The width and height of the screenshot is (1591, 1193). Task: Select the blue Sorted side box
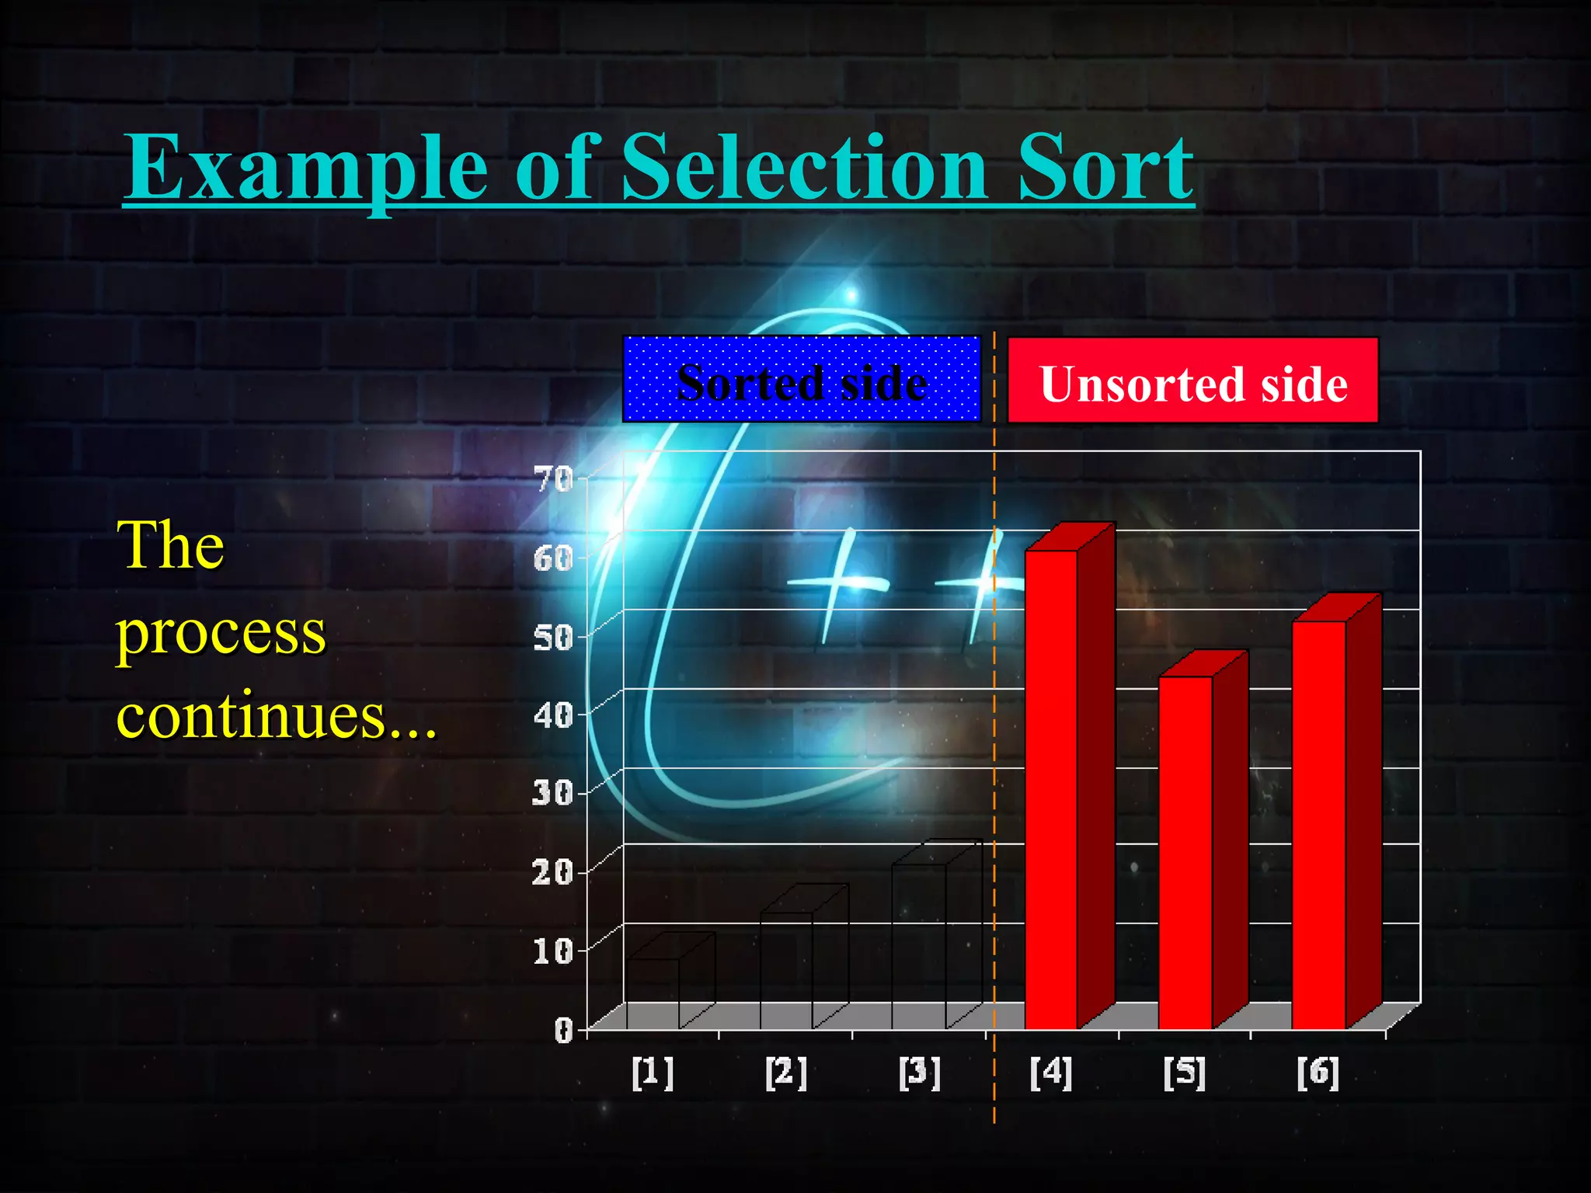(x=802, y=380)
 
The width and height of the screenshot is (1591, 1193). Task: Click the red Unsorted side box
(x=1192, y=381)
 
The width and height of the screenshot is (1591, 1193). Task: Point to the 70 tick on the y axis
(x=553, y=479)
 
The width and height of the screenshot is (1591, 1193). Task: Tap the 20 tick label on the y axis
(x=553, y=872)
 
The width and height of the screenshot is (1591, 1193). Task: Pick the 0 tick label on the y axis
(x=563, y=1030)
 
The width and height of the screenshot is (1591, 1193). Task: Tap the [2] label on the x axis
(x=786, y=1073)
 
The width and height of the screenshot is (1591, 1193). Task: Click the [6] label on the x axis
(x=1318, y=1073)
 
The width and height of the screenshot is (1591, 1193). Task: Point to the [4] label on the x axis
(x=1051, y=1073)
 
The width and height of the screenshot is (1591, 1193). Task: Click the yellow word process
(x=221, y=634)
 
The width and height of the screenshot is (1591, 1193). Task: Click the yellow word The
(x=171, y=545)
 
